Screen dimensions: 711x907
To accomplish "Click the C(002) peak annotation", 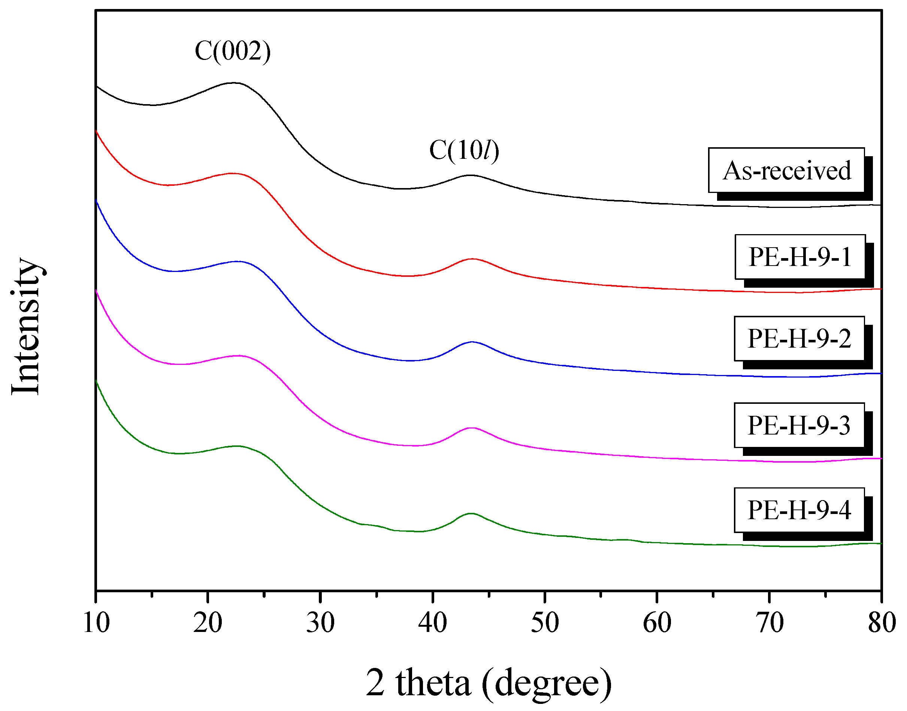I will coord(233,51).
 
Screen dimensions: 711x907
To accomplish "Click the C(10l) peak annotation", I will coord(464,150).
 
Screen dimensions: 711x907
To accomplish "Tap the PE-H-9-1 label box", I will coord(799,257).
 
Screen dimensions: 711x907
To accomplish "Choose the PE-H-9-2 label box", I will coord(799,338).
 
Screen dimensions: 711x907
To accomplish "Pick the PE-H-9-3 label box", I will coord(799,426).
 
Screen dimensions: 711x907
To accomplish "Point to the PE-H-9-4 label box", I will coord(799,510).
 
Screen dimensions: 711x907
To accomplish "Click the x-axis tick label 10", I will coord(96,623).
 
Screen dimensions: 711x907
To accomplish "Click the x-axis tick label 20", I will coord(208,623).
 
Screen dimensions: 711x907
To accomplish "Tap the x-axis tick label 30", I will coord(320,623).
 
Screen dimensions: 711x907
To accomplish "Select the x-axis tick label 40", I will coord(432,623).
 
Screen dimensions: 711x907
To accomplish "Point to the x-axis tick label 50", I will coord(544,623).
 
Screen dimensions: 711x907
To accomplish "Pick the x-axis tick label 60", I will coord(657,623).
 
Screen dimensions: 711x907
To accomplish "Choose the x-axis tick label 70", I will coord(769,623).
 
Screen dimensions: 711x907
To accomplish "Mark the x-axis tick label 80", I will coord(881,623).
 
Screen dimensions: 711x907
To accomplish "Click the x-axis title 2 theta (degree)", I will coord(489,682).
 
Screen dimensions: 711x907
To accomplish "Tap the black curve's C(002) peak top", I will coord(234,82).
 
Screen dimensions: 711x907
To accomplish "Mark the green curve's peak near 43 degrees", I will coord(471,513).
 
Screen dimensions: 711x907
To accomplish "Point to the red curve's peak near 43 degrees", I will coord(472,258).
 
